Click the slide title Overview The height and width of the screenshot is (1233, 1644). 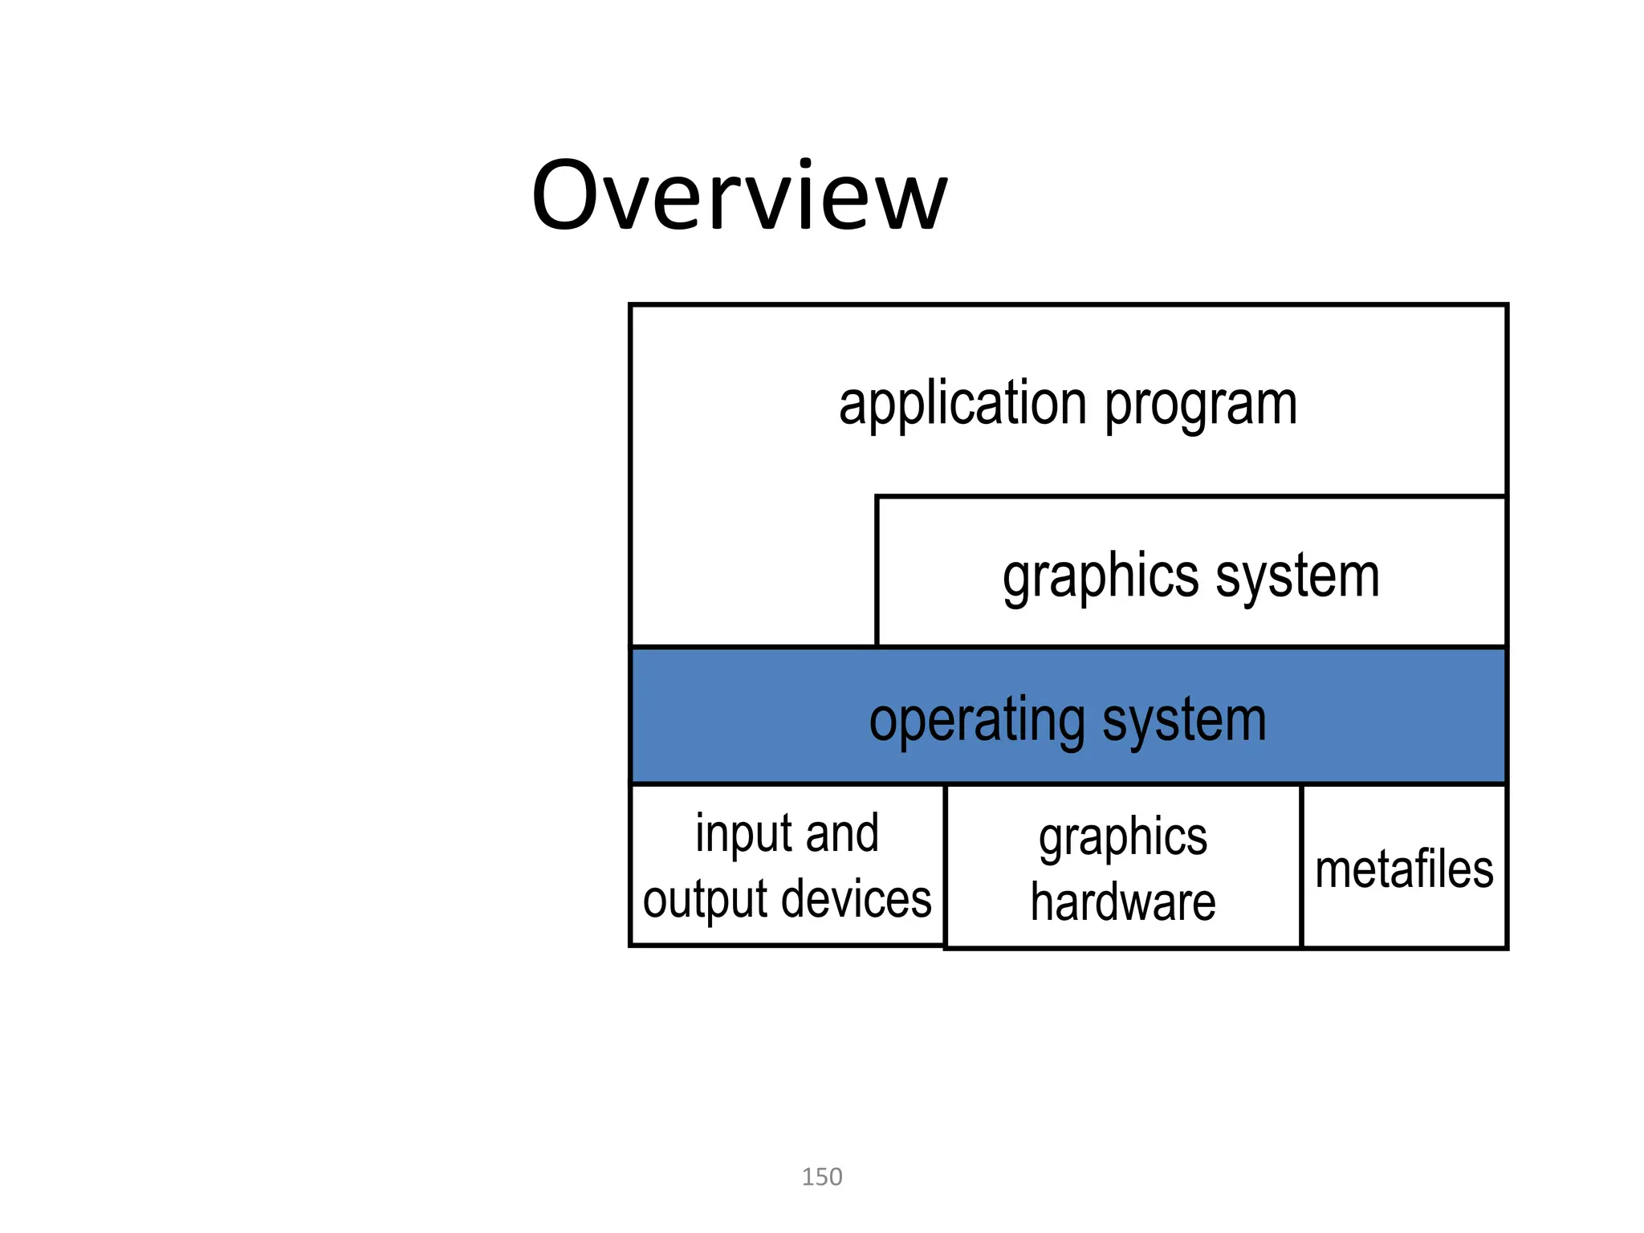point(739,197)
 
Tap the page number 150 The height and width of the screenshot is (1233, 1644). point(822,1177)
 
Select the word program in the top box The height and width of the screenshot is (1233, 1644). point(1201,405)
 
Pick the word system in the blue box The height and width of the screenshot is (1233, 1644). point(1185,720)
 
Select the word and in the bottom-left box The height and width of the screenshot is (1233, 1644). point(842,833)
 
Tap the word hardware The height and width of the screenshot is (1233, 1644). point(1123,901)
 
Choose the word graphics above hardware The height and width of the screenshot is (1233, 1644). point(1123,839)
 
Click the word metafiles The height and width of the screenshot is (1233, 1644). point(1404,869)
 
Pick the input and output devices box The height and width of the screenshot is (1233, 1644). point(787,931)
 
